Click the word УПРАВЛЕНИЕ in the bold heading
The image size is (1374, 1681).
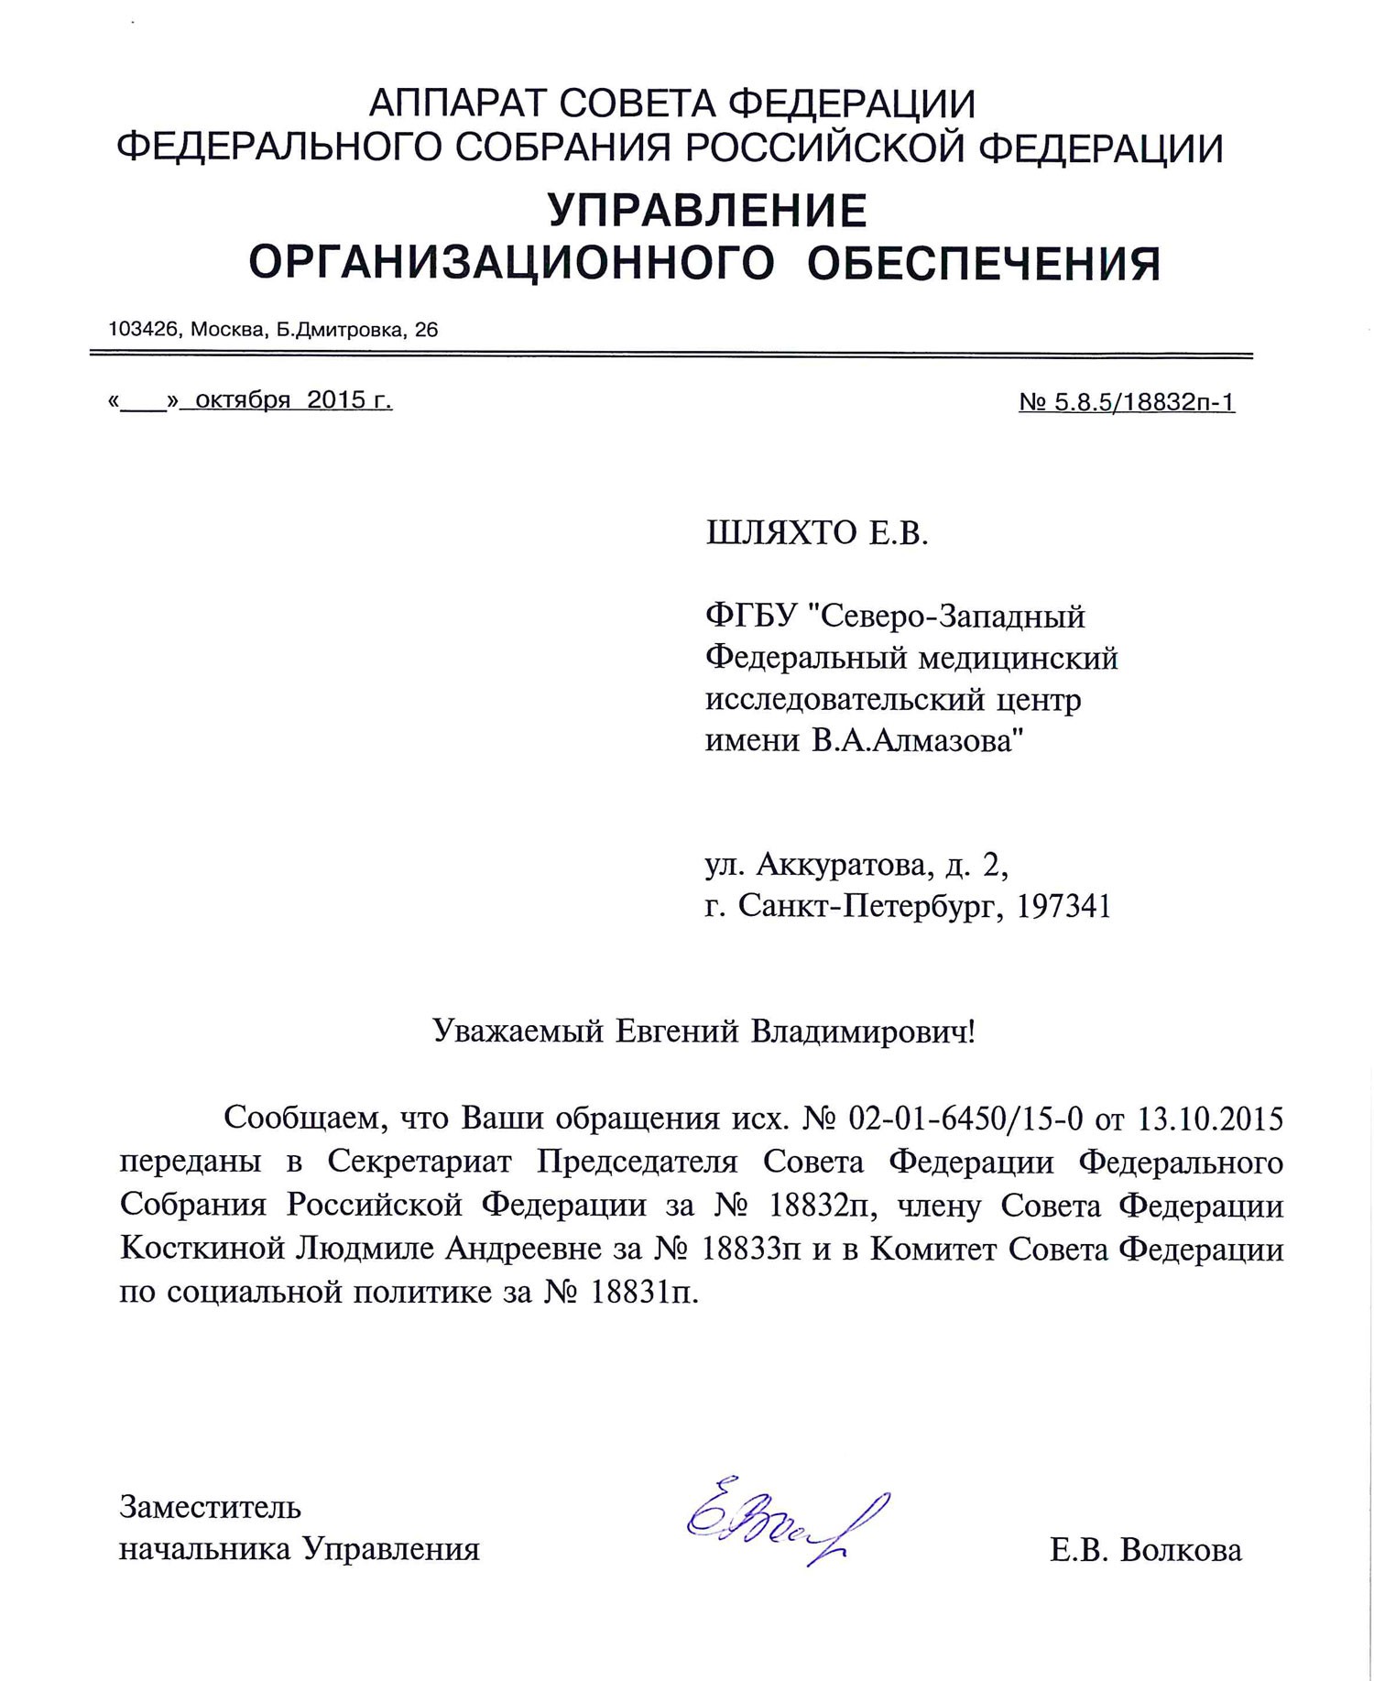pyautogui.click(x=707, y=212)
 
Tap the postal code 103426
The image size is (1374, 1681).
pyautogui.click(x=142, y=329)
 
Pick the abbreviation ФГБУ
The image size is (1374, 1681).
pyautogui.click(x=749, y=617)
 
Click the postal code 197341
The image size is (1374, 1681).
pyautogui.click(x=1064, y=906)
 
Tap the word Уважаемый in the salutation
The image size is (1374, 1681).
pyautogui.click(x=518, y=1032)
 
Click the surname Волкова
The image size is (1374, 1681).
pyautogui.click(x=1181, y=1550)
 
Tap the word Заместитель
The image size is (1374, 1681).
pyautogui.click(x=210, y=1507)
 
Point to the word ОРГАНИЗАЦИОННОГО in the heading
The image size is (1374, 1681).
pyautogui.click(x=511, y=265)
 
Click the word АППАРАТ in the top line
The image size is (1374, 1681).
pyautogui.click(x=456, y=104)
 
